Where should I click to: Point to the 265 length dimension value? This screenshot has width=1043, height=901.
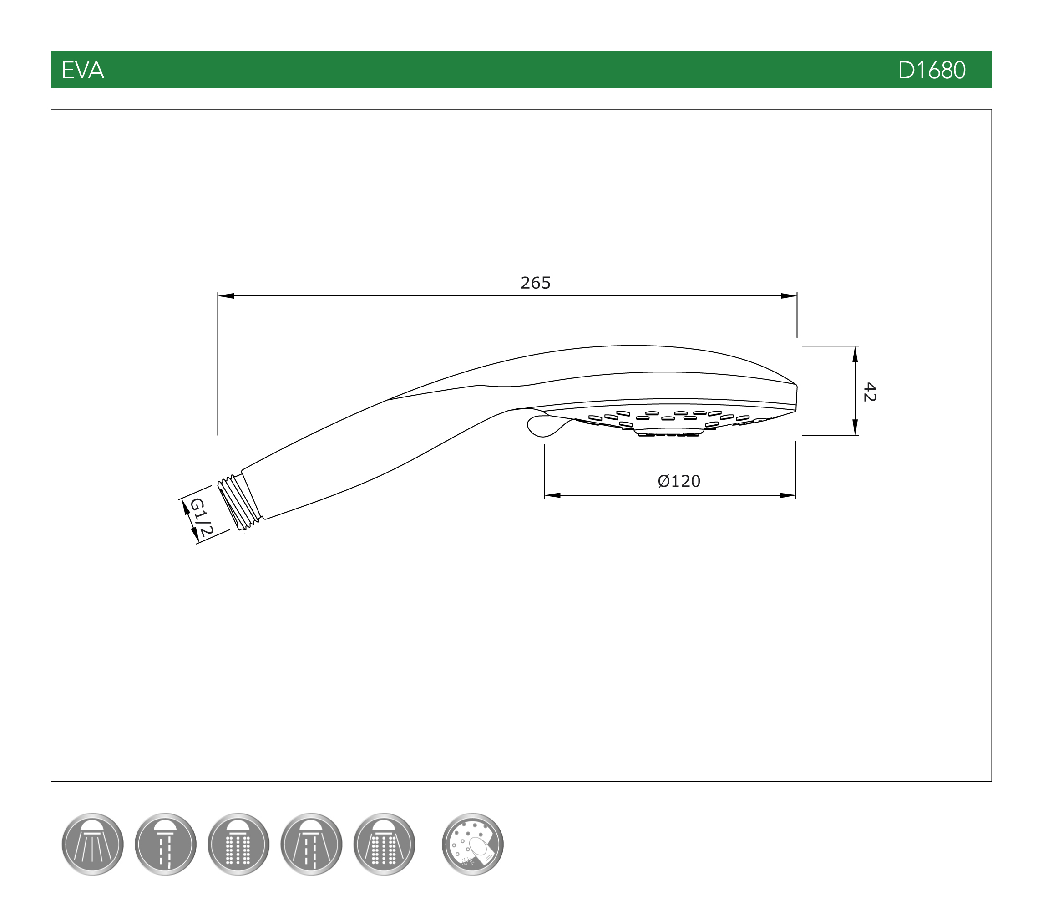536,283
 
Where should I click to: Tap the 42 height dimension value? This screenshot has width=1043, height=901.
869,392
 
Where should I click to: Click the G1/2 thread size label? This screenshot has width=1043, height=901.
201,517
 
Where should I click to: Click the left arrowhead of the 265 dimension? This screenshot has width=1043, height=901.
226,296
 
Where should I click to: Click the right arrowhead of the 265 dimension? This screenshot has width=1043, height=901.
788,296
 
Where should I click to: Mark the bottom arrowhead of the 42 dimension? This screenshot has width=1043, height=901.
855,427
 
